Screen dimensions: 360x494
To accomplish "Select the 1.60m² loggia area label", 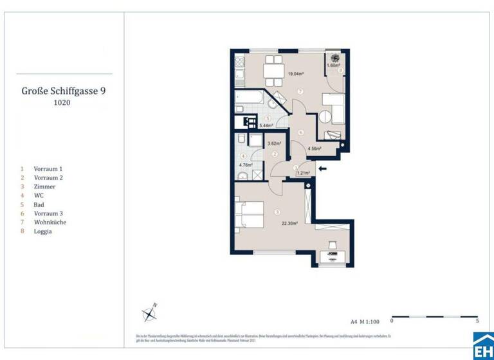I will coord(333,66).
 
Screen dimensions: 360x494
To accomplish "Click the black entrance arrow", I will coord(322,169).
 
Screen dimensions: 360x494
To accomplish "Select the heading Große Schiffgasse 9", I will coord(64,91).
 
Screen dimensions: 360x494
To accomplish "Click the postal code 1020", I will coord(63,103).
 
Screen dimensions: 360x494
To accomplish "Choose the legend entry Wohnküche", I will coord(50,222).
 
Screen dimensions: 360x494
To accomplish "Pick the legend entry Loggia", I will coord(44,231).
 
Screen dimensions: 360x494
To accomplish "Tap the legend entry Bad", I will coord(40,204).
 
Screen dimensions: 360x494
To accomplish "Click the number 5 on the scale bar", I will coord(477,319).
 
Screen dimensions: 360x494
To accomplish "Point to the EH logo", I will coord(482,346).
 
